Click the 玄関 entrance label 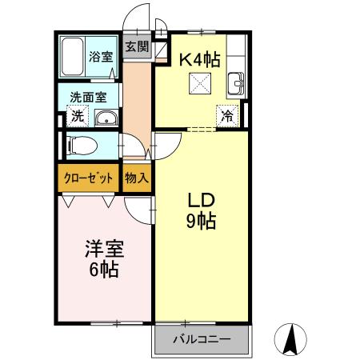coord(137,46)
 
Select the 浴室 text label coord(101,57)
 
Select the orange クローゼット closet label coord(88,178)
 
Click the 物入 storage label coord(137,178)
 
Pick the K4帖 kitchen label coord(199,58)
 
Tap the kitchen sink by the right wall coord(237,82)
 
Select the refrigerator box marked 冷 coord(228,115)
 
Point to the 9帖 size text coord(202,221)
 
